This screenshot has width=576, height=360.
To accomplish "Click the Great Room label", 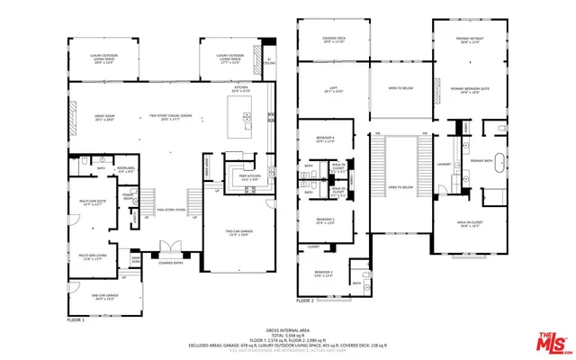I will point(91,118).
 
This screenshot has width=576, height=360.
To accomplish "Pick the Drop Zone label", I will point(137,261).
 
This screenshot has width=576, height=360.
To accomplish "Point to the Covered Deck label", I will point(333,40).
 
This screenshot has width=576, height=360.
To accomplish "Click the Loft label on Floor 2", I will point(333,89).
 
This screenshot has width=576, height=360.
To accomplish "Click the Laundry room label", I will point(443,164).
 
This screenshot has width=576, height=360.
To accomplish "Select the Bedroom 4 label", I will point(326,139).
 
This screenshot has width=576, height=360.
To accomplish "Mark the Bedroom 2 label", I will point(323,274).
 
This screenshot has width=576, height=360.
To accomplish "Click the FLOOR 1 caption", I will point(76,319).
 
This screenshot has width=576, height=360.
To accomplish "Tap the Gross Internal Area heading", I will point(287,330).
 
